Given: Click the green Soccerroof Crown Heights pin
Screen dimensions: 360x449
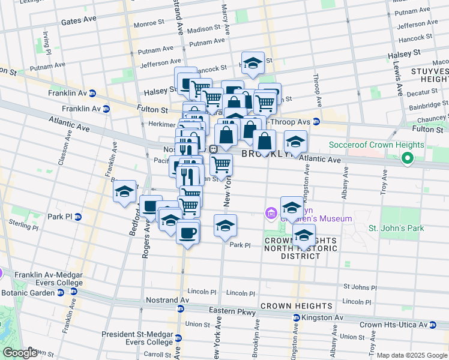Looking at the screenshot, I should click(407, 159).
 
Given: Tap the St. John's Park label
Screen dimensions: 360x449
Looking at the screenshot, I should click(396, 228).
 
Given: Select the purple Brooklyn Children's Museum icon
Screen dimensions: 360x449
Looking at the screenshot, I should click(271, 212).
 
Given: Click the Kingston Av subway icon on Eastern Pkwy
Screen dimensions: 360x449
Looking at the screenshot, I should click(296, 317).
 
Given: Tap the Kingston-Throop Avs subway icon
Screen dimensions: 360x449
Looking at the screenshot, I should click(316, 122).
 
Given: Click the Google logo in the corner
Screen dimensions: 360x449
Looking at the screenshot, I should click(19, 353).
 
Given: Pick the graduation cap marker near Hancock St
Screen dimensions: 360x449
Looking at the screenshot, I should click(253, 64).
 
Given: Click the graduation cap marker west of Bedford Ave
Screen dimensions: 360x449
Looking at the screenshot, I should click(124, 192).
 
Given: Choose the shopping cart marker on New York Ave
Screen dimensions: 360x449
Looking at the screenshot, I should click(221, 164).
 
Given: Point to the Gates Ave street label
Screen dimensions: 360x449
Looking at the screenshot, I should click(79, 20).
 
